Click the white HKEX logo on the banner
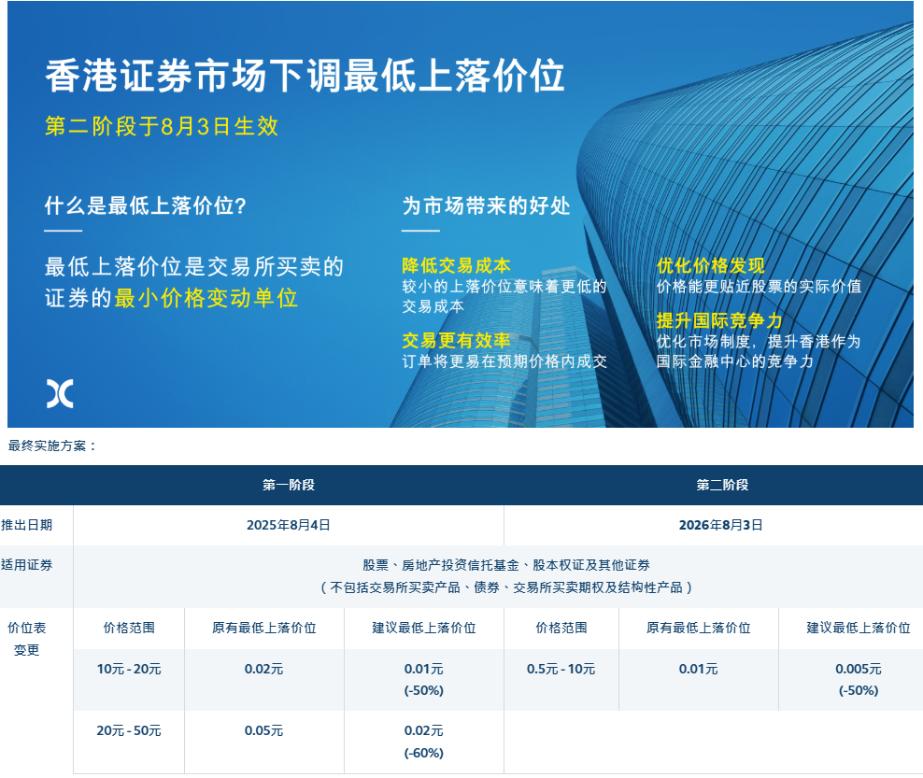pyautogui.click(x=60, y=394)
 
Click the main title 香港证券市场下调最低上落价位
pyautogui.click(x=305, y=76)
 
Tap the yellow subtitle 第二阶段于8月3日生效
pyautogui.click(x=162, y=126)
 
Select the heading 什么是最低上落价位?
pyautogui.click(x=146, y=206)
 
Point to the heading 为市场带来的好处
pyautogui.click(x=486, y=206)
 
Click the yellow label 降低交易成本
pyautogui.click(x=456, y=265)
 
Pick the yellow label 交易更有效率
pyautogui.click(x=456, y=340)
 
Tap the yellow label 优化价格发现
pyautogui.click(x=711, y=265)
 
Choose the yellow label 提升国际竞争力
pyautogui.click(x=719, y=320)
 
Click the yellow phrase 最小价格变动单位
pyautogui.click(x=206, y=298)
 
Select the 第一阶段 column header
pyautogui.click(x=289, y=485)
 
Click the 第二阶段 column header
pyautogui.click(x=722, y=485)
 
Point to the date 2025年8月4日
pyautogui.click(x=289, y=525)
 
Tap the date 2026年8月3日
pyautogui.click(x=721, y=525)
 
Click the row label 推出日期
pyautogui.click(x=26, y=525)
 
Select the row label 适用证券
pyautogui.click(x=26, y=565)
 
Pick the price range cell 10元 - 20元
pyautogui.click(x=129, y=669)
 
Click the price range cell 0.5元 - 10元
pyautogui.click(x=561, y=669)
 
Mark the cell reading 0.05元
pyautogui.click(x=263, y=731)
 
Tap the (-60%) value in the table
pyautogui.click(x=424, y=754)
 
